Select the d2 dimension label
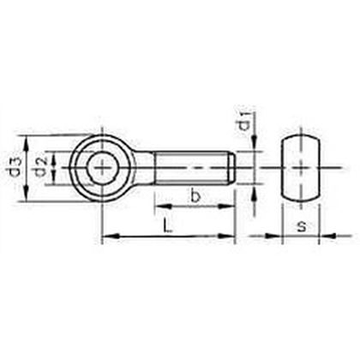pyautogui.click(x=39, y=168)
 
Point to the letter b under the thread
pyautogui.click(x=195, y=197)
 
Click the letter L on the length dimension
pyautogui.click(x=170, y=227)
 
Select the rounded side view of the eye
pyautogui.click(x=299, y=168)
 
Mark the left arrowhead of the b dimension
pyautogui.click(x=159, y=207)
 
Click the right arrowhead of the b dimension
pyautogui.click(x=231, y=207)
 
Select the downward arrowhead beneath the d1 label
pyautogui.click(x=255, y=147)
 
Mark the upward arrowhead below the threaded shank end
pyautogui.click(x=255, y=190)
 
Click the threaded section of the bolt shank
pyautogui.click(x=193, y=168)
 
